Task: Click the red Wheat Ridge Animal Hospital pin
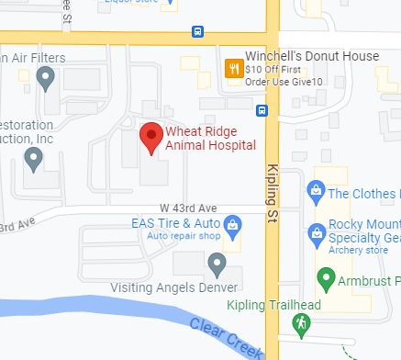pos(151,139)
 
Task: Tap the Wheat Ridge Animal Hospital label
pos(210,139)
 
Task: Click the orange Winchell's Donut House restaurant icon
pos(234,67)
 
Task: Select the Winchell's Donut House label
pos(313,56)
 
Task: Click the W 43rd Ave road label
pos(187,208)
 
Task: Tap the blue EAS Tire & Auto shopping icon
pos(233,224)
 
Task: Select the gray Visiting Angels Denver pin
pos(217,265)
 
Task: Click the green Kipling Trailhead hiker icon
pos(299,322)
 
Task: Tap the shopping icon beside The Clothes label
pos(316,193)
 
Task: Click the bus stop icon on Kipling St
pos(262,112)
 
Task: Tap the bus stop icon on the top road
pos(197,31)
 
